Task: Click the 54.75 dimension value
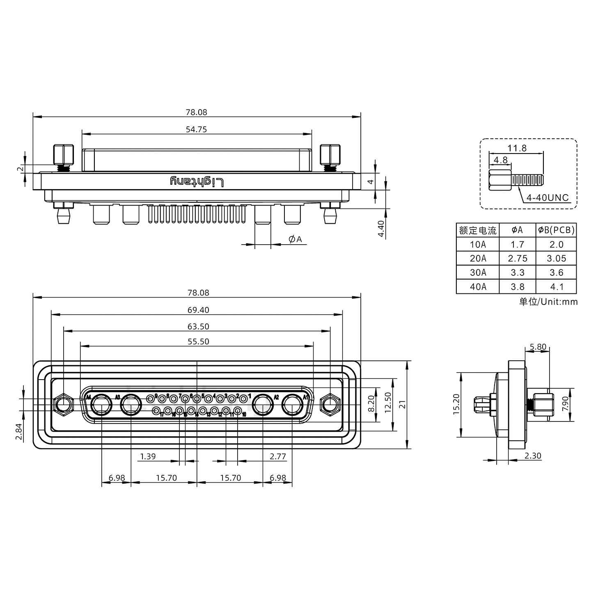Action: point(196,129)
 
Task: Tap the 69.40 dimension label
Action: point(198,310)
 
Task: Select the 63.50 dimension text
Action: point(198,327)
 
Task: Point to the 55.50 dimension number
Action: point(198,341)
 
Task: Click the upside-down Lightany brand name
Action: point(197,181)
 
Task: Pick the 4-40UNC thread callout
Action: point(547,198)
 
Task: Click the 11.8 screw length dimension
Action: point(517,148)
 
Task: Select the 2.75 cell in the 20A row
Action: point(517,259)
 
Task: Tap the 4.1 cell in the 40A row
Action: point(556,287)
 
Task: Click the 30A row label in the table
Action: point(478,273)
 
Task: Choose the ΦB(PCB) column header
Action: point(556,230)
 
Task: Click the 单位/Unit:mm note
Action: point(548,302)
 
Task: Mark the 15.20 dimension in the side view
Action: point(456,404)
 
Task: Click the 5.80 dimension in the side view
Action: point(538,347)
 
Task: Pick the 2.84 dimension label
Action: point(18,431)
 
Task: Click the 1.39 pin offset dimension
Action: point(148,456)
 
